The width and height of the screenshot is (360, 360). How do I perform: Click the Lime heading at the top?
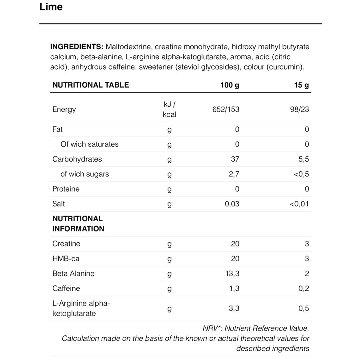pos(51,7)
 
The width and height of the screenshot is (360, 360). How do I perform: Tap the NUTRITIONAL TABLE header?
pos(91,85)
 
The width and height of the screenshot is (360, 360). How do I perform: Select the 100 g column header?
pos(230,85)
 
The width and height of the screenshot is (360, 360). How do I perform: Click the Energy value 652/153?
pos(226,109)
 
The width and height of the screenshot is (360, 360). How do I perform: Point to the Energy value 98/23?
pos(300,109)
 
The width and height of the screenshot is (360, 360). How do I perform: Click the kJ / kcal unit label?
pos(170,109)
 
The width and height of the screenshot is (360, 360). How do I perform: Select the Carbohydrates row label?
pos(77,159)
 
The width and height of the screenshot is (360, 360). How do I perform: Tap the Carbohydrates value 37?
pos(235,159)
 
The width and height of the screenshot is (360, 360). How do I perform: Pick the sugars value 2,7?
pos(234,174)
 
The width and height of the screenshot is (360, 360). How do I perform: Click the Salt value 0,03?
pos(232,204)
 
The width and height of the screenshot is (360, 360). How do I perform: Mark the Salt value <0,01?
pos(300,204)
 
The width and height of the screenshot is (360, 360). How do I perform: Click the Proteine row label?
pos(66,189)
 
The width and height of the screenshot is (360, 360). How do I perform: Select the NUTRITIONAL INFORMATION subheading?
pos(78,224)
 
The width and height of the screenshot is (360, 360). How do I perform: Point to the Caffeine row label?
pos(66,288)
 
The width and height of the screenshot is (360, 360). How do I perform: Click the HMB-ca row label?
pos(66,259)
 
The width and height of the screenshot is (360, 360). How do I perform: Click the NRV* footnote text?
pos(256,328)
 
